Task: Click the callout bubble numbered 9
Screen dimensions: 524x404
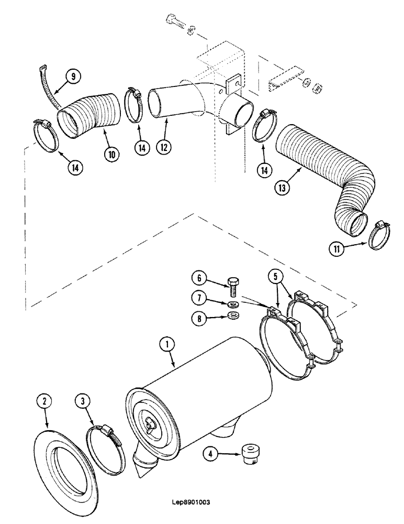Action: [x=73, y=76]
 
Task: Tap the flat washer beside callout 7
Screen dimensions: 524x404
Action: [x=232, y=304]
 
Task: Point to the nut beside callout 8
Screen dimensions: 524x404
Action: [x=232, y=316]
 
